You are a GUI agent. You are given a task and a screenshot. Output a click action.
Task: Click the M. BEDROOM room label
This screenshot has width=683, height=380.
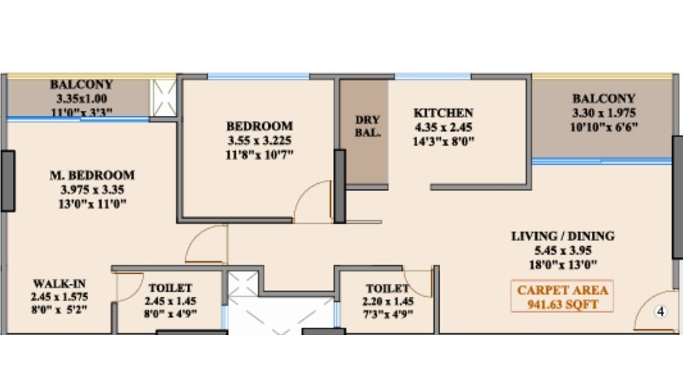pyautogui.click(x=92, y=175)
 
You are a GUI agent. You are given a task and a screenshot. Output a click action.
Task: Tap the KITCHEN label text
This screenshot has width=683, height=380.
pyautogui.click(x=443, y=113)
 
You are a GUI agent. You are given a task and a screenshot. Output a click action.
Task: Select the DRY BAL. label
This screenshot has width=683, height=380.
pyautogui.click(x=367, y=126)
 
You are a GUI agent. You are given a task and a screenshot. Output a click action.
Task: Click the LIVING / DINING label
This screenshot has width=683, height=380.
pyautogui.click(x=562, y=236)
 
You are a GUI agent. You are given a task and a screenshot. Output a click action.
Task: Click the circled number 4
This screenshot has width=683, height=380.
pyautogui.click(x=660, y=312)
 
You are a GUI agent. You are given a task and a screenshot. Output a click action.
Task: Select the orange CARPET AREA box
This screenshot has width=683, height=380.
pyautogui.click(x=562, y=297)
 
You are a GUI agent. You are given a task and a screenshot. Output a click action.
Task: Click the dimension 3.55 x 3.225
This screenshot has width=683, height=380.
pyautogui.click(x=259, y=140)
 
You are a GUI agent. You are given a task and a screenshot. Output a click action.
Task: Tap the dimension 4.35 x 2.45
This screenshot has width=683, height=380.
pyautogui.click(x=443, y=127)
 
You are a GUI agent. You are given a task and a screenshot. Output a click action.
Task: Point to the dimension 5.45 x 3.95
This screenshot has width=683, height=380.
pyautogui.click(x=562, y=250)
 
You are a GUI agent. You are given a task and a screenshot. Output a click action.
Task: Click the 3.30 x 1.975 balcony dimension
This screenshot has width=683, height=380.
pyautogui.click(x=603, y=113)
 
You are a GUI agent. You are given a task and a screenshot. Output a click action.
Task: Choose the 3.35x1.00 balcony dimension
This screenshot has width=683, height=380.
pyautogui.click(x=81, y=98)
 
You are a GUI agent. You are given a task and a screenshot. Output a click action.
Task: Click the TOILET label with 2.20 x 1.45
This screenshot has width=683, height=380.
pyautogui.click(x=382, y=287)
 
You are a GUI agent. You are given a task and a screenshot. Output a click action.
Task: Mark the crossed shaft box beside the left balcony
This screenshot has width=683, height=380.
pyautogui.click(x=163, y=96)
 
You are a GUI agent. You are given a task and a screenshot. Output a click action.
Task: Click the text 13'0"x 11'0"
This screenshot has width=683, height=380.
pyautogui.click(x=92, y=204)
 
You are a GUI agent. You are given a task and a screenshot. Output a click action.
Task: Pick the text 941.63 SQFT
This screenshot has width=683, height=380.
pyautogui.click(x=562, y=305)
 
